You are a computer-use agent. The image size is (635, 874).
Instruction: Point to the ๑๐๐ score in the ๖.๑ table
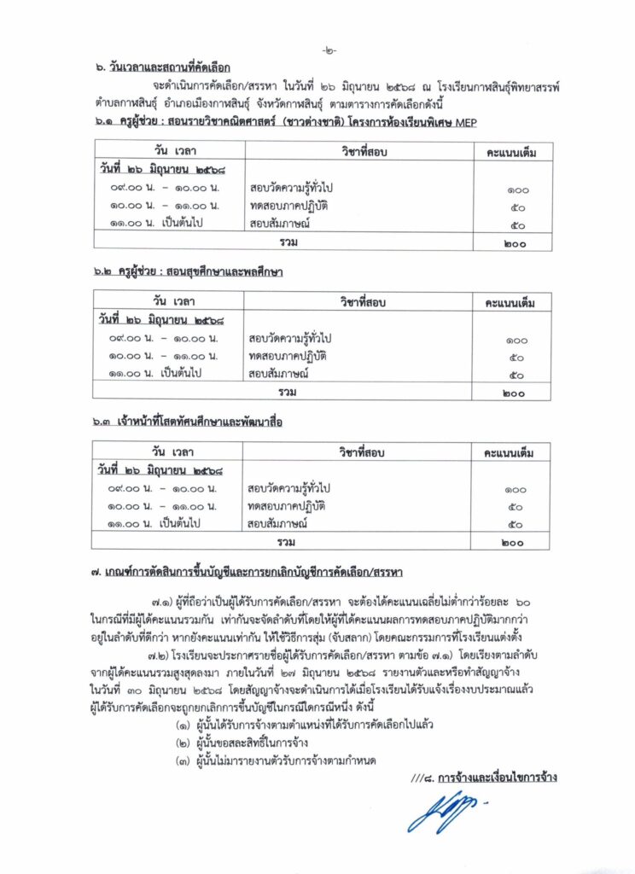click(514, 190)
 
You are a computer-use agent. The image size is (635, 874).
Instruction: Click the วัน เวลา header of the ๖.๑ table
click(168, 151)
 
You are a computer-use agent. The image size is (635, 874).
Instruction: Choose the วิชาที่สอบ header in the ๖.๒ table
click(359, 301)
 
